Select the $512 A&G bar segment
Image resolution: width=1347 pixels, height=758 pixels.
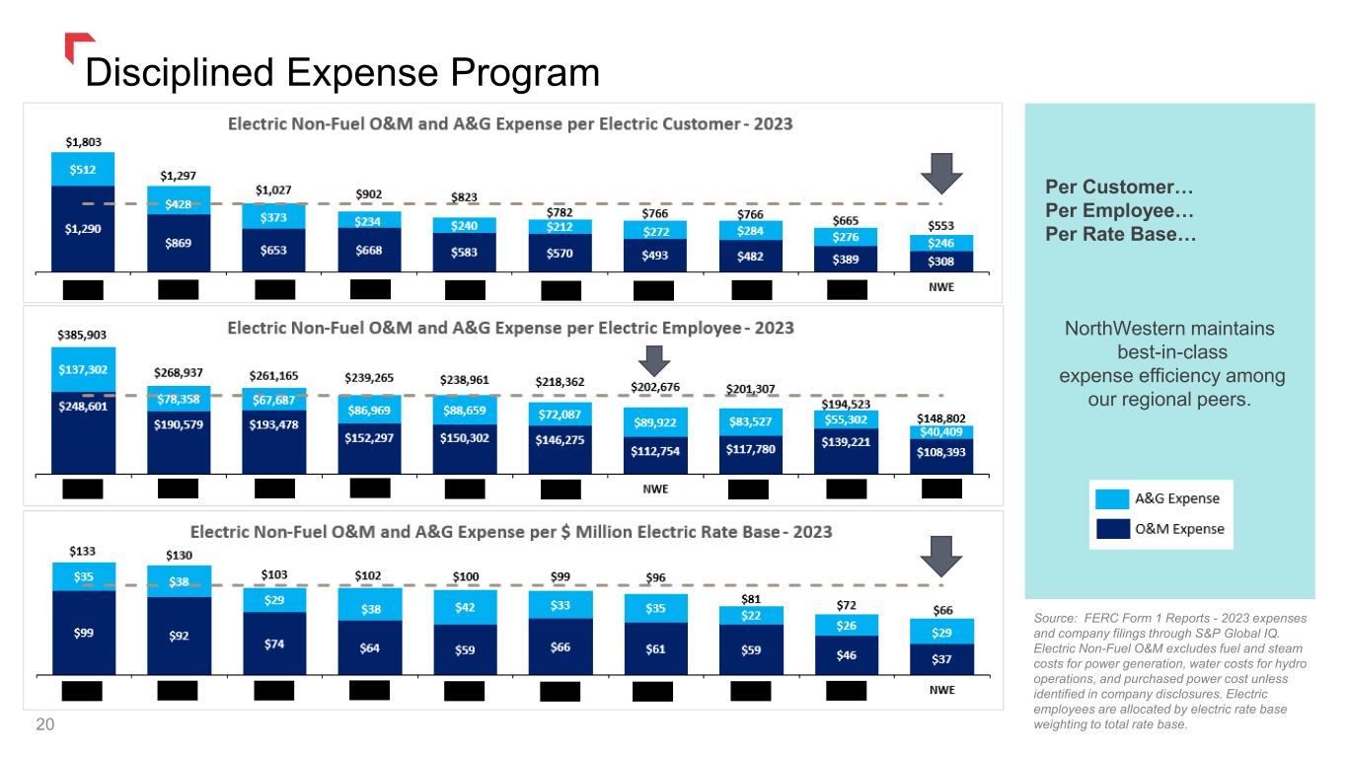[x=83, y=169]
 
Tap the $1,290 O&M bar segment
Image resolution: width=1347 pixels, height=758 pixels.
[x=83, y=228]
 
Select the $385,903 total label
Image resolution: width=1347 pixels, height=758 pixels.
[x=83, y=337]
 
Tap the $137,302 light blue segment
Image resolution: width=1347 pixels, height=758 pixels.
[x=83, y=369]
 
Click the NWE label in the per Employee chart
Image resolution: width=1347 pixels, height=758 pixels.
[x=655, y=488]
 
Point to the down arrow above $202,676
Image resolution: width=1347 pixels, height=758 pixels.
[x=652, y=358]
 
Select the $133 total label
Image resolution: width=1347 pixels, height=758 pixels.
[x=82, y=551]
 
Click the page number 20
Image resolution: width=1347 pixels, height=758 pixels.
[x=44, y=725]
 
